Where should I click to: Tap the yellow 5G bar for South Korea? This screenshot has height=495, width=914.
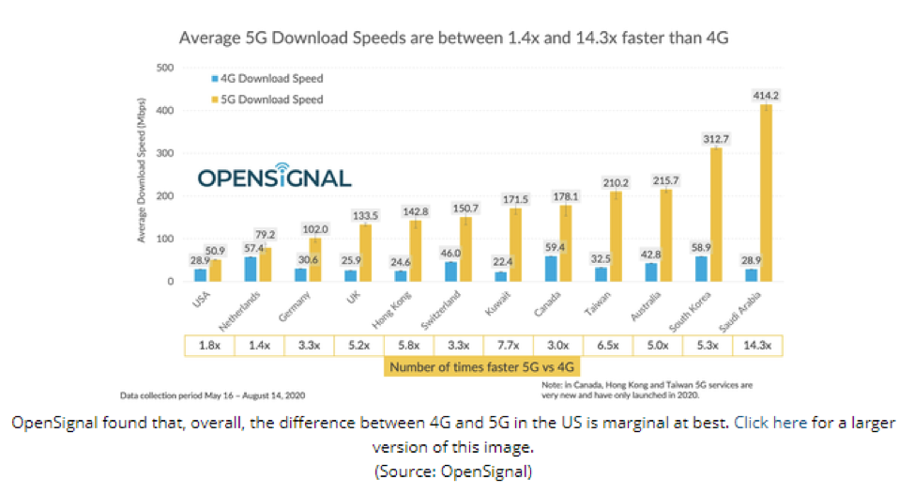pyautogui.click(x=716, y=215)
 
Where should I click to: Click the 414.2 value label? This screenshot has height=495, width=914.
pyautogui.click(x=766, y=95)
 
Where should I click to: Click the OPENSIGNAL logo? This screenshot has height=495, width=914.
pyautogui.click(x=261, y=178)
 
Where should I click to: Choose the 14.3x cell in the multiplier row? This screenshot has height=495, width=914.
pyautogui.click(x=757, y=346)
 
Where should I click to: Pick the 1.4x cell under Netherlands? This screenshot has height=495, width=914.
pyautogui.click(x=258, y=346)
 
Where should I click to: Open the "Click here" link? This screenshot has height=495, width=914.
pyautogui.click(x=769, y=423)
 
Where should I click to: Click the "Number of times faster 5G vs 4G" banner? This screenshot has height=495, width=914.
pyautogui.click(x=482, y=367)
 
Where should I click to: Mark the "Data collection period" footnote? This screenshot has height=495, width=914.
pyautogui.click(x=212, y=395)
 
